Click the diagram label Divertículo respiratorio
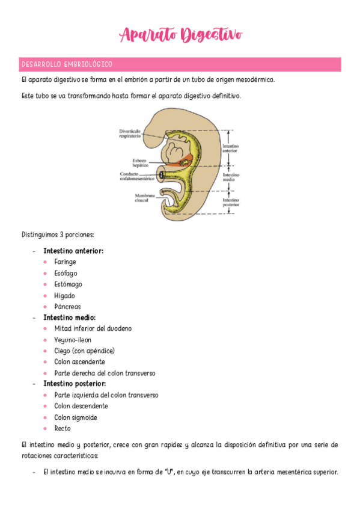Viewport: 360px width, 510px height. (x=130, y=134)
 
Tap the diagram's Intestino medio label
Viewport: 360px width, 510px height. (x=231, y=177)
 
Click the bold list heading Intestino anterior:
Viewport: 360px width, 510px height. (x=73, y=251)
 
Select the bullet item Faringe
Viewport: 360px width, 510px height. (x=65, y=262)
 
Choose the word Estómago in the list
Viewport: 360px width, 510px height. (x=68, y=284)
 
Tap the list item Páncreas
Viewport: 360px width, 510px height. (x=67, y=307)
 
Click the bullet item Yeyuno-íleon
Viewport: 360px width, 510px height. (x=73, y=340)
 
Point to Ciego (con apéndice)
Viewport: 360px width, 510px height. (x=84, y=351)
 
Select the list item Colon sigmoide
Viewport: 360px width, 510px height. (x=76, y=417)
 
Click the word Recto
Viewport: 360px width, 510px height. (x=63, y=429)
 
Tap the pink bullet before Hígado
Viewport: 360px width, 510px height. (x=46, y=296)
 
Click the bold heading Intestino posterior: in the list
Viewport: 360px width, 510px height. (x=75, y=384)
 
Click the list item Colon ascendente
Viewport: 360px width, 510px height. (x=79, y=362)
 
